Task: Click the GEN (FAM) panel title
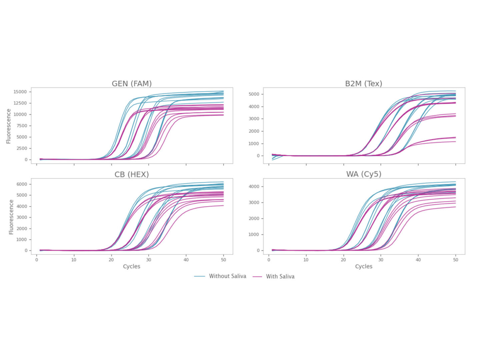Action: tap(132, 84)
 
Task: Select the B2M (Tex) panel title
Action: tap(363, 84)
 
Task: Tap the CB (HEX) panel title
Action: tap(132, 174)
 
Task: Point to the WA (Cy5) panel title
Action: tap(364, 174)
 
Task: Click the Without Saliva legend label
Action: tap(227, 276)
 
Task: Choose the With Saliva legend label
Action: tap(280, 276)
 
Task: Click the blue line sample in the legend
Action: tap(200, 276)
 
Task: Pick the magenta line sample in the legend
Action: tap(257, 276)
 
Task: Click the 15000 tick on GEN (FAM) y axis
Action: tap(20, 92)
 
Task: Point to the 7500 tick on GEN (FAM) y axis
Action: tap(22, 126)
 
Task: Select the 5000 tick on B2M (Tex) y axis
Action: tap(254, 94)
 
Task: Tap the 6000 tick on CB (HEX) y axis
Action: tap(22, 184)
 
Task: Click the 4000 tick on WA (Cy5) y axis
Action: tap(254, 186)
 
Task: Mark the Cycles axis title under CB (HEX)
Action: tap(131, 266)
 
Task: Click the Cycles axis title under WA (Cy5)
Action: tap(364, 266)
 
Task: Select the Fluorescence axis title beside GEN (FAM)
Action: tap(9, 126)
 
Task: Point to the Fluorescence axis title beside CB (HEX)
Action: tap(11, 217)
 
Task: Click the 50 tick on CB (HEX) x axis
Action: tap(223, 260)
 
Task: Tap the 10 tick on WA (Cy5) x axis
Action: tap(306, 260)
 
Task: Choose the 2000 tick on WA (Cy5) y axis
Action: tap(254, 218)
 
